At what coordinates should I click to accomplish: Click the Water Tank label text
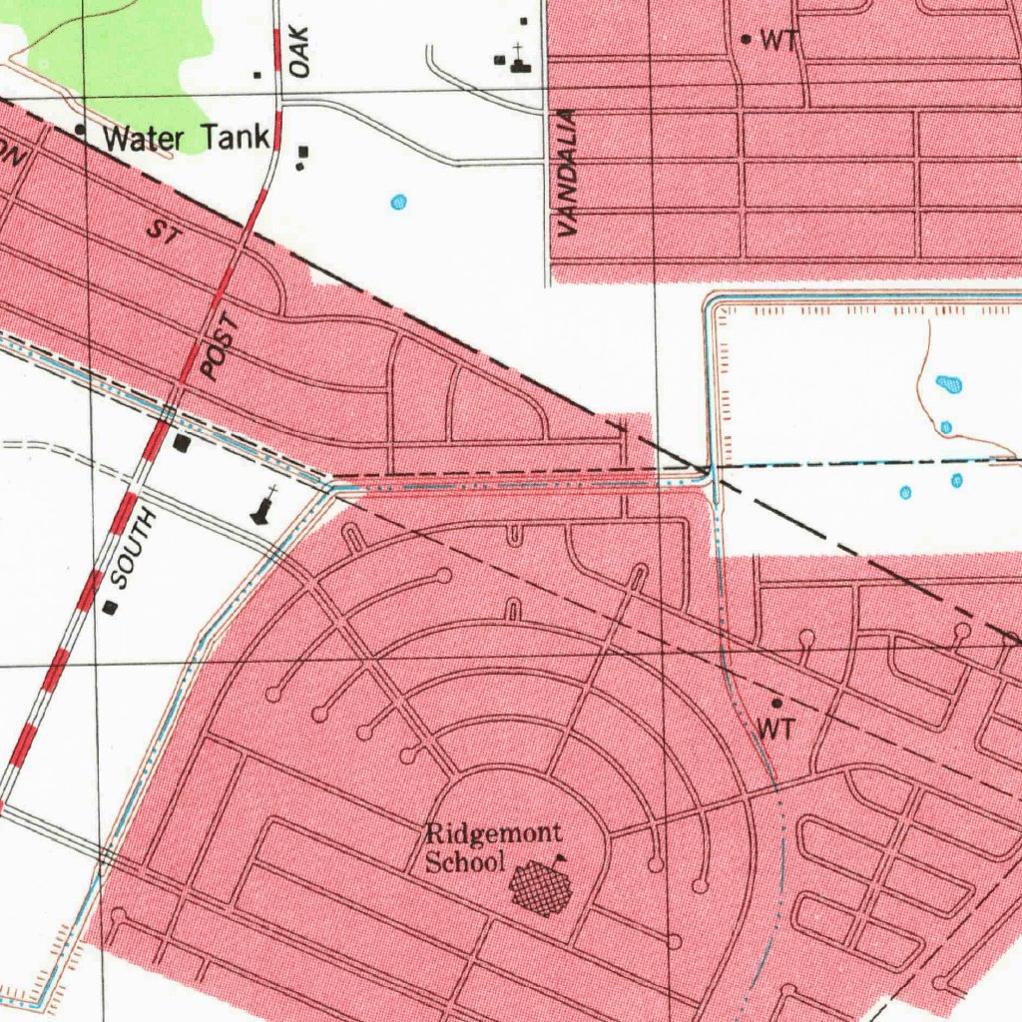coord(187,137)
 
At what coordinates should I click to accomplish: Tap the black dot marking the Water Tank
coord(80,130)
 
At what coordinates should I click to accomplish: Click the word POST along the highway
coord(221,346)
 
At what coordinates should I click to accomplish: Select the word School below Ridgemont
coord(465,861)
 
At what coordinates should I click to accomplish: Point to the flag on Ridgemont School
coord(559,858)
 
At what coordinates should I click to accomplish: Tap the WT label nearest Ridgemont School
coord(775,730)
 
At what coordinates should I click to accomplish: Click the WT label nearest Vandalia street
coord(779,41)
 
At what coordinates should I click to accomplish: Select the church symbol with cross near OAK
coord(519,61)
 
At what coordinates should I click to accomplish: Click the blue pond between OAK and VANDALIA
coord(399,203)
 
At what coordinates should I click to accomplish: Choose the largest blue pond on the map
coord(949,383)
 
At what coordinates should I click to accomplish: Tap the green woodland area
coord(120,50)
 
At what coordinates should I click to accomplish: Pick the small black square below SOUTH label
coord(110,606)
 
